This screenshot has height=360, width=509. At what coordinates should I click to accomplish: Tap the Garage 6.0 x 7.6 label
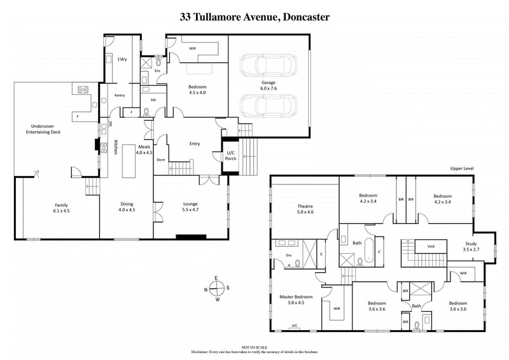click(x=268, y=86)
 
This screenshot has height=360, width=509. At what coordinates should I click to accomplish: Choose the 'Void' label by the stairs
click(x=430, y=246)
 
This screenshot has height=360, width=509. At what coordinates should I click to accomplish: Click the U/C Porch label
click(x=230, y=155)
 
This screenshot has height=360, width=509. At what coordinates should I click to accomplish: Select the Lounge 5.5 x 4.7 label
click(x=190, y=207)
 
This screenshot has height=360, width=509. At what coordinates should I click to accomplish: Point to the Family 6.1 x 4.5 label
click(x=61, y=207)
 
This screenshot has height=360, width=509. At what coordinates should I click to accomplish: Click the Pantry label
click(x=119, y=95)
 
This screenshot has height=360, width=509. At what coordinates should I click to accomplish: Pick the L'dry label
click(x=123, y=59)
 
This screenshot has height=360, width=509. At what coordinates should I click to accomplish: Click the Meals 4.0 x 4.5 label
click(x=144, y=149)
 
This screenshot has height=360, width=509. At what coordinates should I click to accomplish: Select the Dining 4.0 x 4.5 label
click(x=127, y=207)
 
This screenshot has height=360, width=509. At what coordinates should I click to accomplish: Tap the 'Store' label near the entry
click(x=161, y=160)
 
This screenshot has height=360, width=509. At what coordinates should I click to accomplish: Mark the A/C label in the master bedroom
click(x=295, y=326)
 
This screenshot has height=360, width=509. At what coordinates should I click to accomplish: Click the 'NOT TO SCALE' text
click(x=254, y=347)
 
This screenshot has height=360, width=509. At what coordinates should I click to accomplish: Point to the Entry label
click(x=195, y=144)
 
